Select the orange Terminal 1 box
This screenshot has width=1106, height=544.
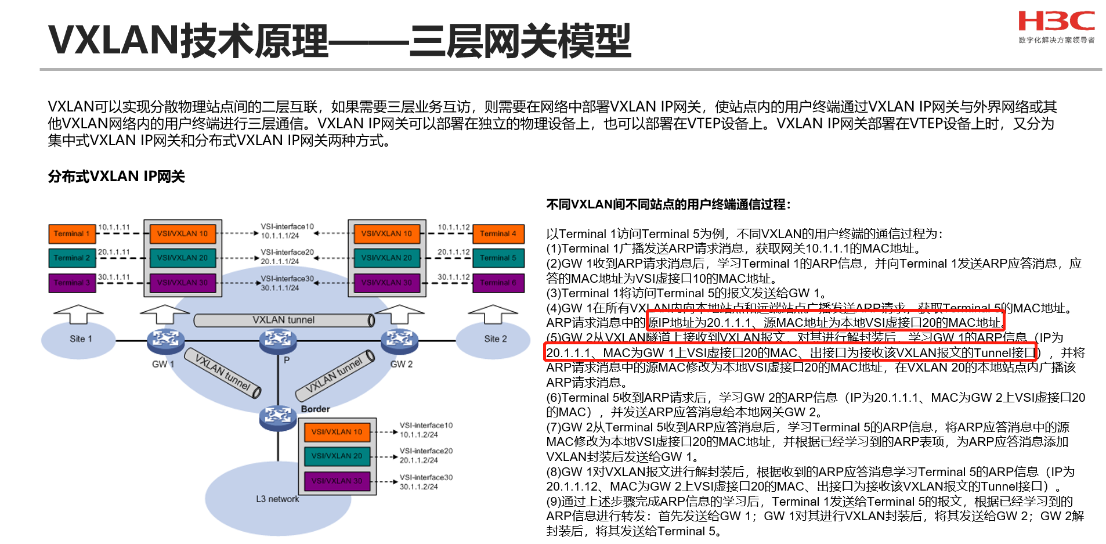72,233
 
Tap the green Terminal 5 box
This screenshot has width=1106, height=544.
498,258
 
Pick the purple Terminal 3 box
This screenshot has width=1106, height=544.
72,283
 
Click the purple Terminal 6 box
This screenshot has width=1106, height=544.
498,283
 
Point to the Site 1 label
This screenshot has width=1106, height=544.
81,338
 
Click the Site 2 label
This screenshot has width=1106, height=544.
495,338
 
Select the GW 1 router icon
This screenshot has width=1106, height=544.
165,340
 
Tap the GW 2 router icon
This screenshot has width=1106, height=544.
399,340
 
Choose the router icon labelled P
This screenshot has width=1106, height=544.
278,340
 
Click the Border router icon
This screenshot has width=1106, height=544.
278,416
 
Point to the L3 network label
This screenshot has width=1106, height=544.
277,499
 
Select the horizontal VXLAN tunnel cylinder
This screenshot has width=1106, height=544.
284,320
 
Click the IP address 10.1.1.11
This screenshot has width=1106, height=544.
114,227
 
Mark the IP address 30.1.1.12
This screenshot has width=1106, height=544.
453,277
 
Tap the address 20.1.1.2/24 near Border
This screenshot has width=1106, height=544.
418,460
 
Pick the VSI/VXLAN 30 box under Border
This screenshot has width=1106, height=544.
337,481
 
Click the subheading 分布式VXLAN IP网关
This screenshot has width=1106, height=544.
116,176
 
